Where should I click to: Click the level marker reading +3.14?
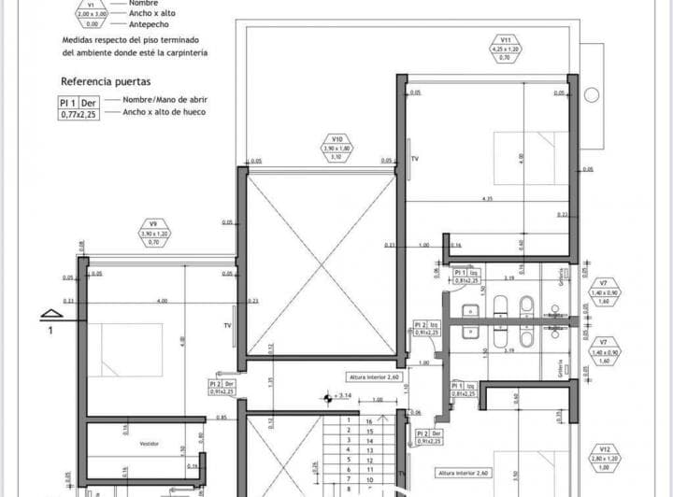pos(341,396)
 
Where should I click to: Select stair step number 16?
pos(370,420)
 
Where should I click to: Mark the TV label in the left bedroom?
pos(227,325)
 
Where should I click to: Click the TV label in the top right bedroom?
pos(415,160)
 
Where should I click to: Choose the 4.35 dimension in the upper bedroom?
pos(487,198)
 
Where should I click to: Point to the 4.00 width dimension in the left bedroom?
pos(163,300)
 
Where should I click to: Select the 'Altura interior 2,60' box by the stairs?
pos(374,377)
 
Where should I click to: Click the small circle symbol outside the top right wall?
pos(591,94)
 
